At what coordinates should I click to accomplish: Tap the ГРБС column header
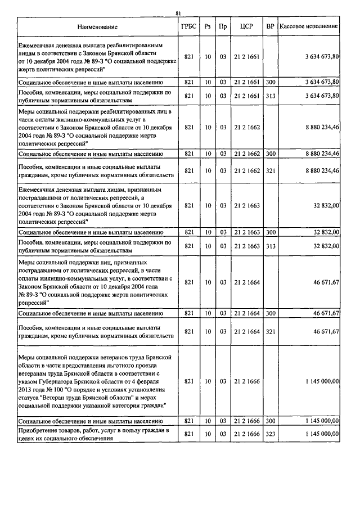[189, 27]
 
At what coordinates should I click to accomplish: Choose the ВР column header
[271, 27]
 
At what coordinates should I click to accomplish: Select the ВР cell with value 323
[271, 434]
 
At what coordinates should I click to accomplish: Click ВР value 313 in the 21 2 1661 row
[271, 96]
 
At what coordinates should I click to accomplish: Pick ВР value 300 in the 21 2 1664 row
[271, 313]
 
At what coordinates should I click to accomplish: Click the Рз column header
[208, 27]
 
